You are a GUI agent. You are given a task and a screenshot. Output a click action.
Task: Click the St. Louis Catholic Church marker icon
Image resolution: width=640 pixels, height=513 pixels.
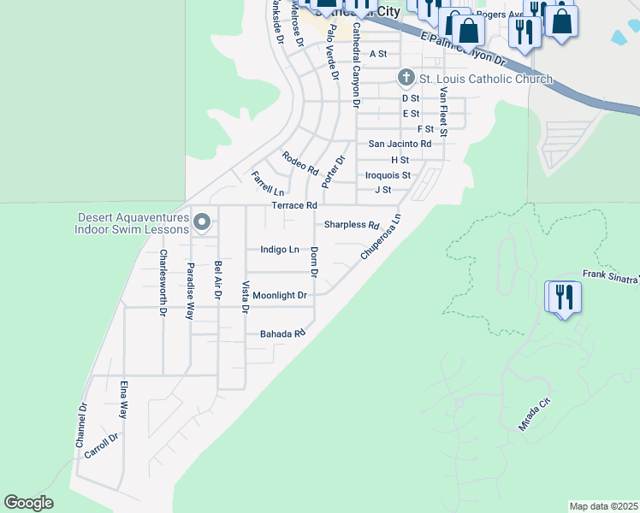tap(407, 79)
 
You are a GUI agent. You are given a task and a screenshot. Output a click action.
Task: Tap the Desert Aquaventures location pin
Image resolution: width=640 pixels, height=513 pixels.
tap(202, 222)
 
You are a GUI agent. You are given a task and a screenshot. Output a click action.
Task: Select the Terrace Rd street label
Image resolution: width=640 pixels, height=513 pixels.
tap(294, 206)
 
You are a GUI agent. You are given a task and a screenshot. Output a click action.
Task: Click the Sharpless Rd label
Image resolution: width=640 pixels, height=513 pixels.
tap(351, 226)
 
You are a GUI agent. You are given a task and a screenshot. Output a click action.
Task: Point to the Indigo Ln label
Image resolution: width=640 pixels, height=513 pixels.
tap(280, 250)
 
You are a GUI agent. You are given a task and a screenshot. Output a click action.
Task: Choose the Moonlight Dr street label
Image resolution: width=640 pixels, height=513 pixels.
tap(279, 295)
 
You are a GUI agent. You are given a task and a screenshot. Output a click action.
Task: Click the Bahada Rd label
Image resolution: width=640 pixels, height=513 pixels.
tap(282, 334)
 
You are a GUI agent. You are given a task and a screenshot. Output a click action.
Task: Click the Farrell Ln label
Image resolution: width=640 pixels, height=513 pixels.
tap(267, 183)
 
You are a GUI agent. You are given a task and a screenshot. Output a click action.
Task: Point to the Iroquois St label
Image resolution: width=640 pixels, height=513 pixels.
tap(388, 175)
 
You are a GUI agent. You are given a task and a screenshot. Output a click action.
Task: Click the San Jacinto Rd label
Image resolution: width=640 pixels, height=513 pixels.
tap(400, 144)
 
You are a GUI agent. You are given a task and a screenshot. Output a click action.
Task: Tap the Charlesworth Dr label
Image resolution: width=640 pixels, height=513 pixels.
tap(162, 283)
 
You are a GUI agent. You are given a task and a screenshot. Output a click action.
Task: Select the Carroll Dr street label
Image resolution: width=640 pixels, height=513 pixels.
tap(101, 445)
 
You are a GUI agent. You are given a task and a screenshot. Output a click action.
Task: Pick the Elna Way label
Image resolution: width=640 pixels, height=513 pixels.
tap(124, 399)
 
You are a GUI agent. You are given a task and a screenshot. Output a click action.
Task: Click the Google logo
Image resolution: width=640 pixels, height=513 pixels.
tap(28, 503)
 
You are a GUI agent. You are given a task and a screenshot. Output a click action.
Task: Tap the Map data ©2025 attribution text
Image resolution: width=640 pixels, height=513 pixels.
tap(604, 506)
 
